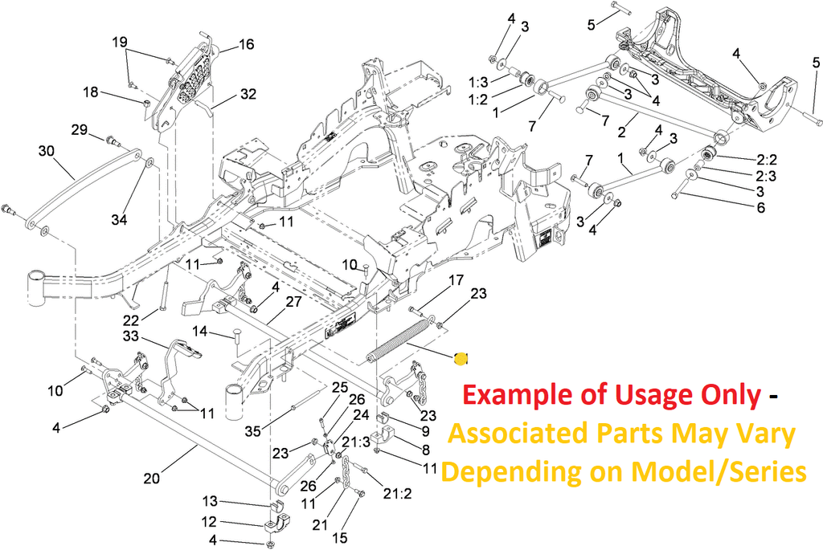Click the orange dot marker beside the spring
[461, 359]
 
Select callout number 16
[246, 44]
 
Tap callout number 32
[248, 94]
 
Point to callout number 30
[45, 150]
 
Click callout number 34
[119, 219]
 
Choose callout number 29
[79, 129]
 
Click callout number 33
[132, 336]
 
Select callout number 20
[152, 479]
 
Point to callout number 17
[456, 280]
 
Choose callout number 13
[210, 501]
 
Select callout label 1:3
[478, 82]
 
